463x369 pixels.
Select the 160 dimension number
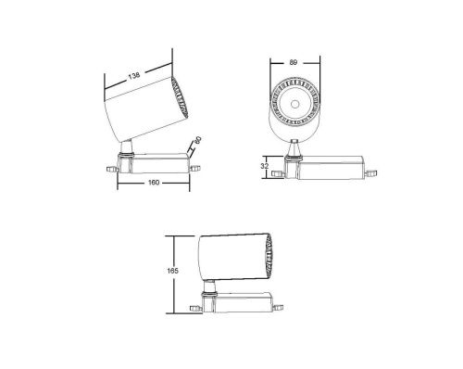click(x=154, y=182)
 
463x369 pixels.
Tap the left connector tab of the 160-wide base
click(x=113, y=168)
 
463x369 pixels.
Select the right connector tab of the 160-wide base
click(x=194, y=168)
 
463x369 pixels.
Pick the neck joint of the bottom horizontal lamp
click(x=213, y=285)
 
